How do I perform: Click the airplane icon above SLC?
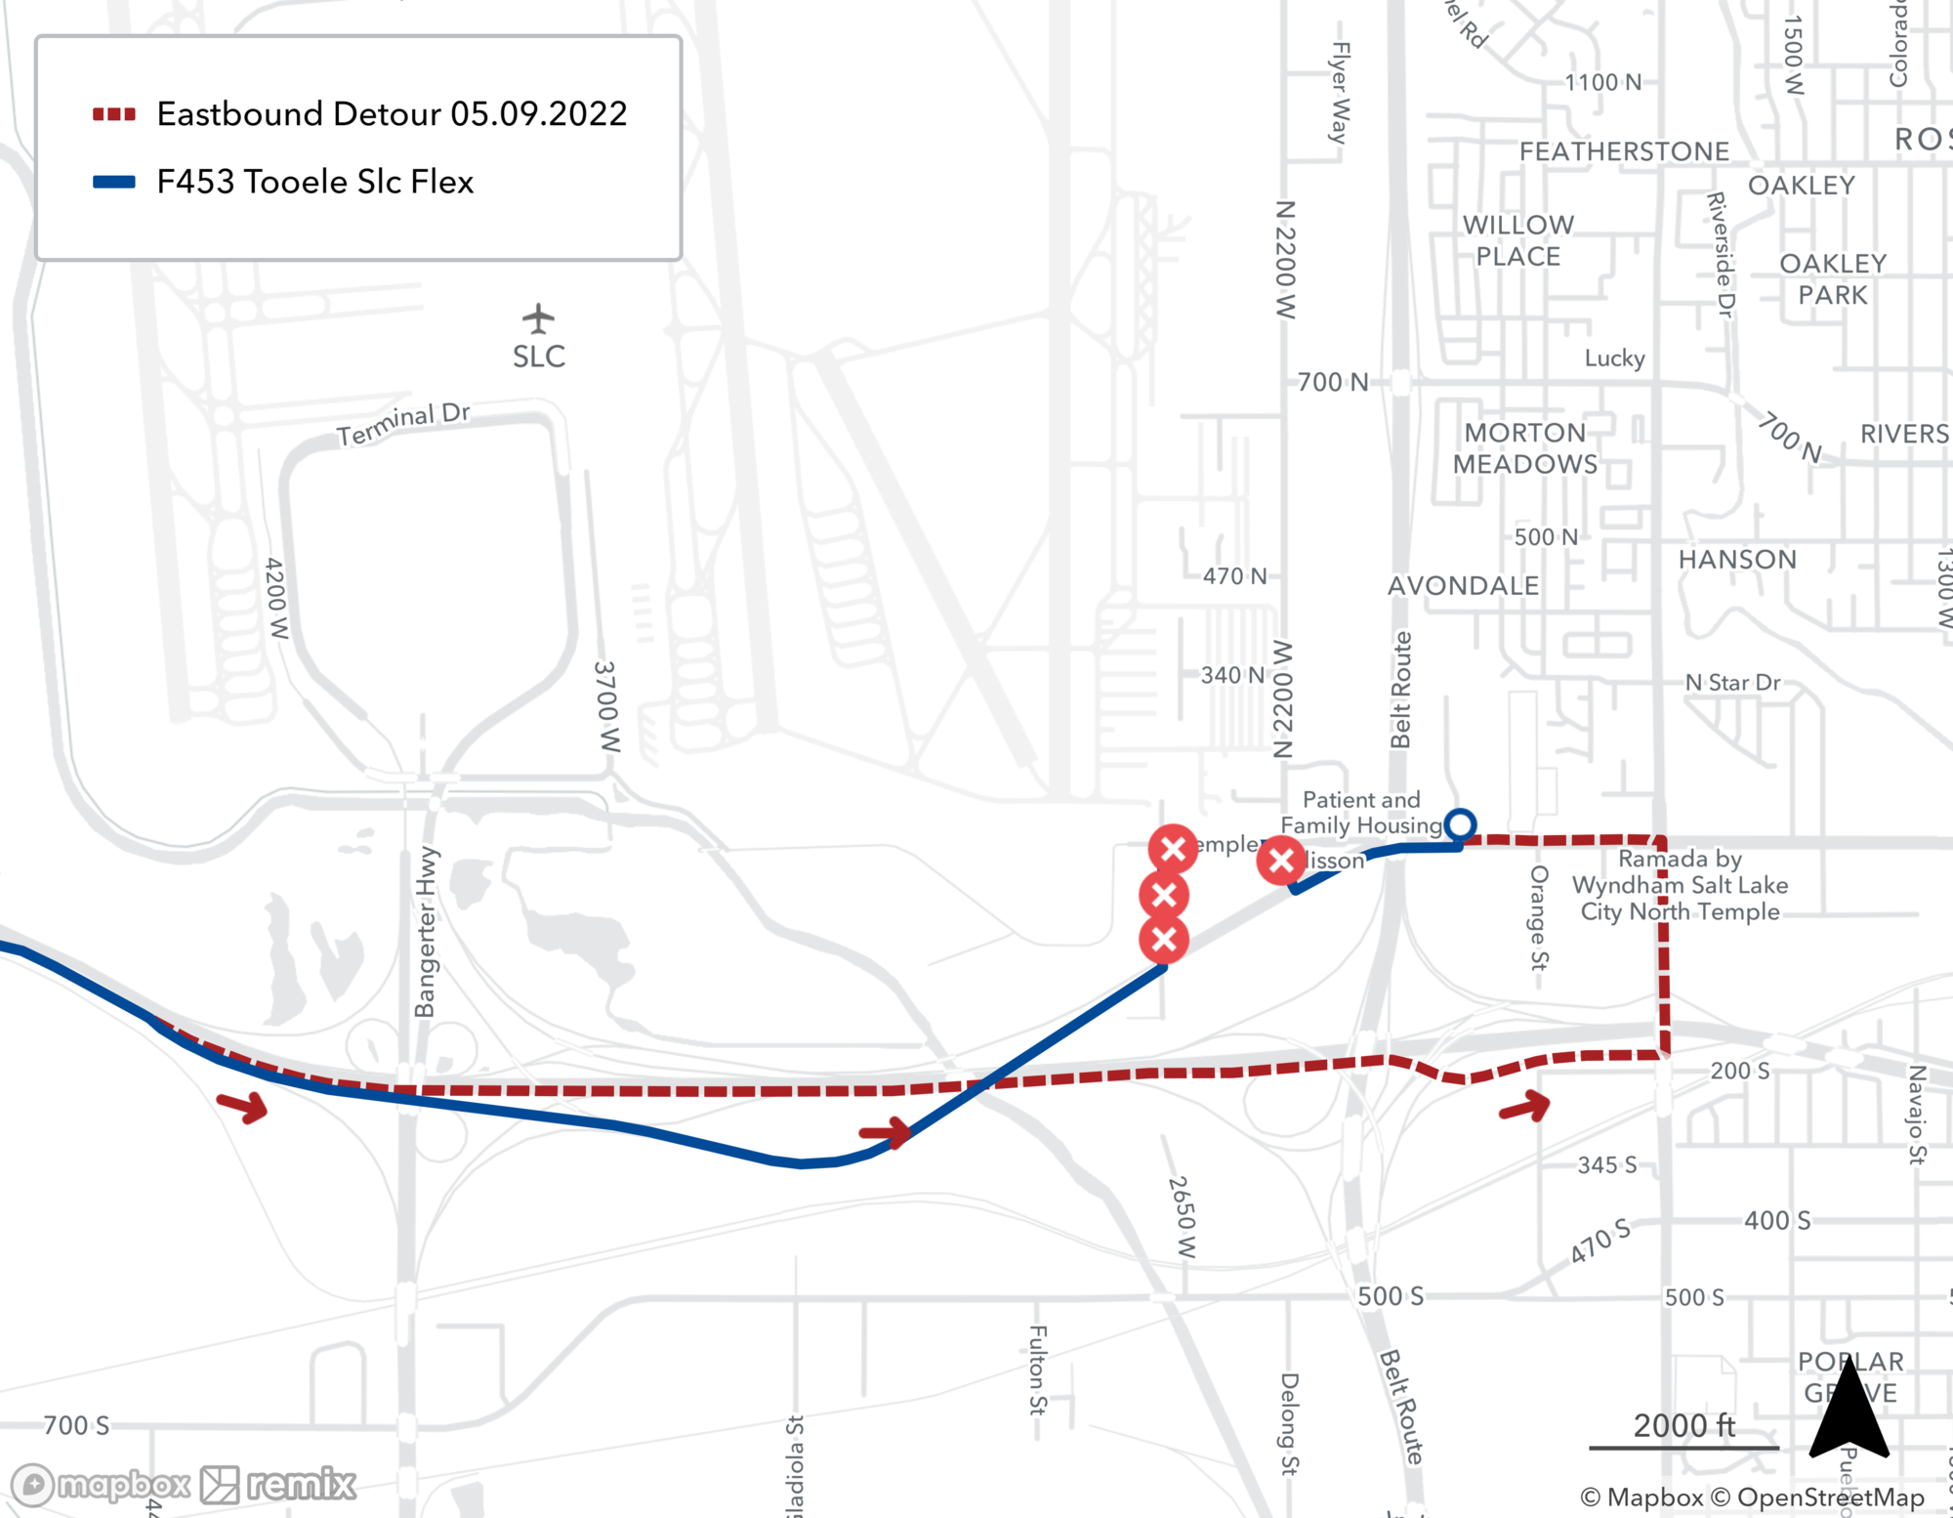538,317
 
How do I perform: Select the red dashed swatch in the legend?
114,114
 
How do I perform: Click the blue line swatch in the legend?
114,182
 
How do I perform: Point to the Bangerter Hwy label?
427,932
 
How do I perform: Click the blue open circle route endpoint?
1460,824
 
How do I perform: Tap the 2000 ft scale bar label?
1684,1425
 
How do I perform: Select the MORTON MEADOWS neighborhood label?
1525,448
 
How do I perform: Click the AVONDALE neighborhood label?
1463,585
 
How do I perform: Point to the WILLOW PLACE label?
1518,240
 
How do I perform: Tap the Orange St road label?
1539,917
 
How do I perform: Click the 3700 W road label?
607,706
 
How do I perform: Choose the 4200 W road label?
277,598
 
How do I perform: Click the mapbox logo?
101,1485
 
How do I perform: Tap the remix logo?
279,1485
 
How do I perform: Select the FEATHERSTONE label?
1624,151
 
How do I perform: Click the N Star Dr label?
1732,682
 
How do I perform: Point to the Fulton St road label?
1038,1370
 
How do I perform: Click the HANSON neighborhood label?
1737,559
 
